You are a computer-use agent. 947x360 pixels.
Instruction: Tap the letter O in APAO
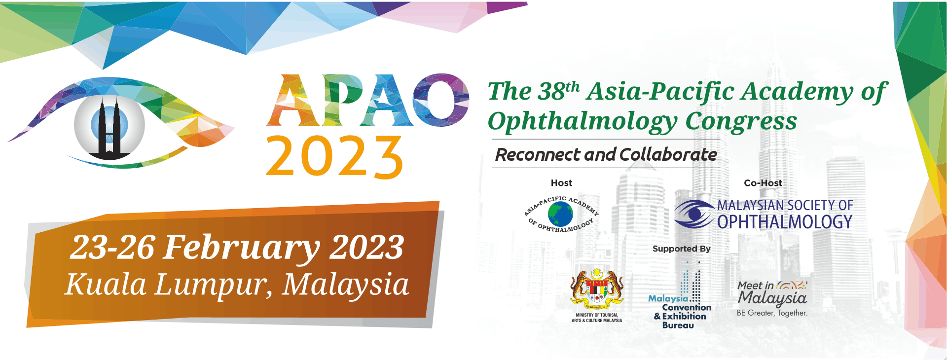click(440, 100)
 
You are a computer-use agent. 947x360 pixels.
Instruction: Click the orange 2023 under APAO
click(334, 156)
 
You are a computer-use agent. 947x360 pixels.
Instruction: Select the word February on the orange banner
click(242, 248)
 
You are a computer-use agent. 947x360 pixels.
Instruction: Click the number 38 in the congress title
click(551, 91)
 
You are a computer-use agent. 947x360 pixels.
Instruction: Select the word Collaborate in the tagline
click(668, 155)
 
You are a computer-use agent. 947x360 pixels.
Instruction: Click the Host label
click(561, 183)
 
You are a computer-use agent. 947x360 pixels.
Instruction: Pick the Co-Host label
click(763, 183)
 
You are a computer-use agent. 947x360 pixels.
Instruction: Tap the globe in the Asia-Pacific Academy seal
click(560, 214)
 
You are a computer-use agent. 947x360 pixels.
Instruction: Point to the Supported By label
click(682, 249)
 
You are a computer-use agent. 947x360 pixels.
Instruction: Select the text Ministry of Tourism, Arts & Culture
click(597, 318)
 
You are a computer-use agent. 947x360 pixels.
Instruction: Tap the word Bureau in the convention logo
click(678, 325)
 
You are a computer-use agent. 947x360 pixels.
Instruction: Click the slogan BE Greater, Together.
click(772, 313)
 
